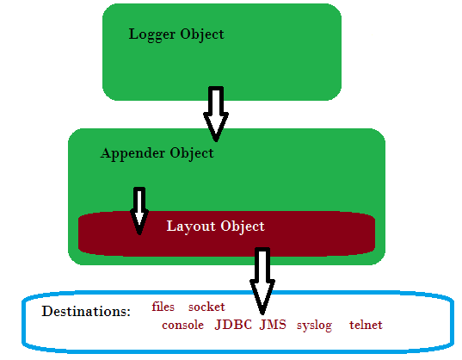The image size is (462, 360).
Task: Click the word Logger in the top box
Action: click(152, 34)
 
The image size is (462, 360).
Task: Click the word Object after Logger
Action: click(202, 34)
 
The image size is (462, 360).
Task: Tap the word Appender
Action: click(132, 154)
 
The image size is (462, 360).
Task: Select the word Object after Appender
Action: click(192, 153)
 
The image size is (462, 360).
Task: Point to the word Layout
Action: click(191, 227)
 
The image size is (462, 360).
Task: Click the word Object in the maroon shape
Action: click(243, 227)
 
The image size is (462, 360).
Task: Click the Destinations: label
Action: click(86, 312)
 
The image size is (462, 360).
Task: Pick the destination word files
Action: click(163, 307)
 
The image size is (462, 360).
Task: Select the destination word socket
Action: click(206, 307)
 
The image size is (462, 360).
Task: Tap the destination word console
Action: click(182, 326)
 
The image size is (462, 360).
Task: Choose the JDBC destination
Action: click(233, 325)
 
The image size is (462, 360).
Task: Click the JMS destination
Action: click(273, 325)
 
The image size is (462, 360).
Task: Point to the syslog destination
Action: click(314, 326)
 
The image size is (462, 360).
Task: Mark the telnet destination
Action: click(366, 325)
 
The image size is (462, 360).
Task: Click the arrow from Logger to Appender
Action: click(216, 114)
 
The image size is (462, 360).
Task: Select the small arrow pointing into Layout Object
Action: click(139, 211)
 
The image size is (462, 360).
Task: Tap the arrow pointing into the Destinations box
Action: click(262, 281)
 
